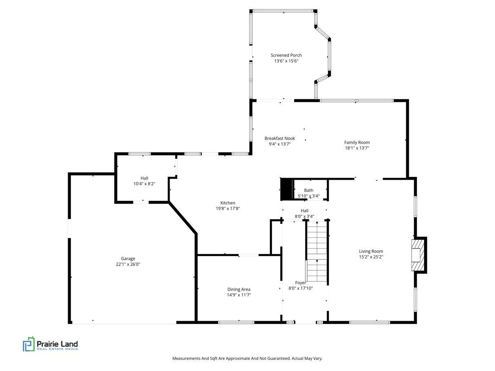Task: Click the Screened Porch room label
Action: pyautogui.click(x=286, y=55)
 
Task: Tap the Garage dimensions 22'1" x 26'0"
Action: pyautogui.click(x=128, y=264)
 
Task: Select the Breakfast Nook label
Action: pyautogui.click(x=280, y=139)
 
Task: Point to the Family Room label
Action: pyautogui.click(x=357, y=142)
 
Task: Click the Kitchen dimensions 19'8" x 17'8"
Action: pyautogui.click(x=228, y=209)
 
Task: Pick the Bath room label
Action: pyautogui.click(x=309, y=190)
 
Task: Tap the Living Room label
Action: pyautogui.click(x=371, y=251)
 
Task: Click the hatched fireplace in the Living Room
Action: pyautogui.click(x=418, y=255)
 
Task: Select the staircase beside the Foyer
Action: pyautogui.click(x=317, y=251)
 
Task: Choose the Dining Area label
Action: pyautogui.click(x=238, y=289)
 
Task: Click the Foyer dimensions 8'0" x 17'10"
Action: pyautogui.click(x=301, y=288)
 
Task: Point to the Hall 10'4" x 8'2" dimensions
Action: pyautogui.click(x=144, y=184)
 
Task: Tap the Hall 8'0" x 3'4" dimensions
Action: pyautogui.click(x=304, y=216)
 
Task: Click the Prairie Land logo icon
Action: pyautogui.click(x=28, y=344)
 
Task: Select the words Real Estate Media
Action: pyautogui.click(x=57, y=349)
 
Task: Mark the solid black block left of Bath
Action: pyautogui.click(x=286, y=189)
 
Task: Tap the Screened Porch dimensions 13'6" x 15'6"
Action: pyautogui.click(x=286, y=61)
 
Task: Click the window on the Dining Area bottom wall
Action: pyautogui.click(x=236, y=322)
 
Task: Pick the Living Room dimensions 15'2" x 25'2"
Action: pyautogui.click(x=371, y=257)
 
